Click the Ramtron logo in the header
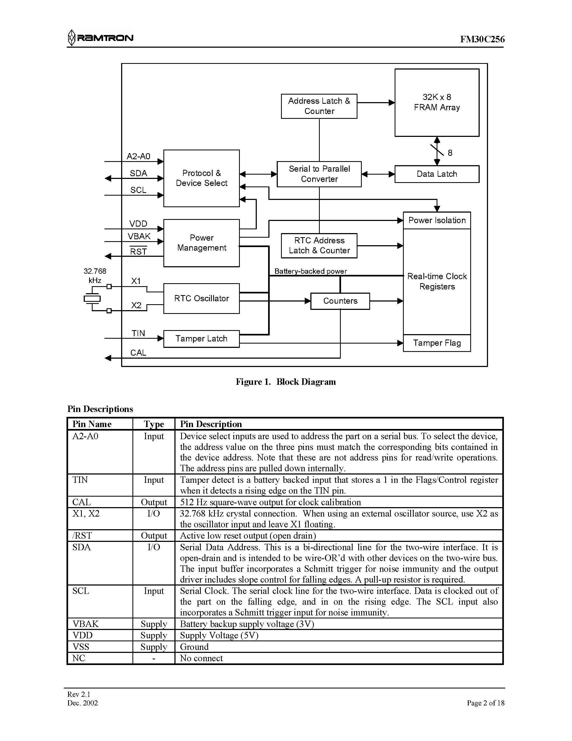click(x=100, y=38)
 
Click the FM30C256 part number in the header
click(x=482, y=39)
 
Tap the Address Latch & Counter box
click(x=319, y=106)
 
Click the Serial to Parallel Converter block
click(x=319, y=174)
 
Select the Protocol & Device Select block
click(x=201, y=178)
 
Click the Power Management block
click(x=201, y=243)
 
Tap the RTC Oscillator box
click(x=201, y=299)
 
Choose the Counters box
click(x=340, y=301)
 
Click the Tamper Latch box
click(x=201, y=339)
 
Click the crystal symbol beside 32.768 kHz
click(x=92, y=299)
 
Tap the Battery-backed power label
click(x=310, y=271)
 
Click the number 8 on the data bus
click(x=450, y=153)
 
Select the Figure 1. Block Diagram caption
click(x=286, y=382)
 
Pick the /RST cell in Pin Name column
click(x=82, y=536)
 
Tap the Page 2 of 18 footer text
click(x=485, y=703)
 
